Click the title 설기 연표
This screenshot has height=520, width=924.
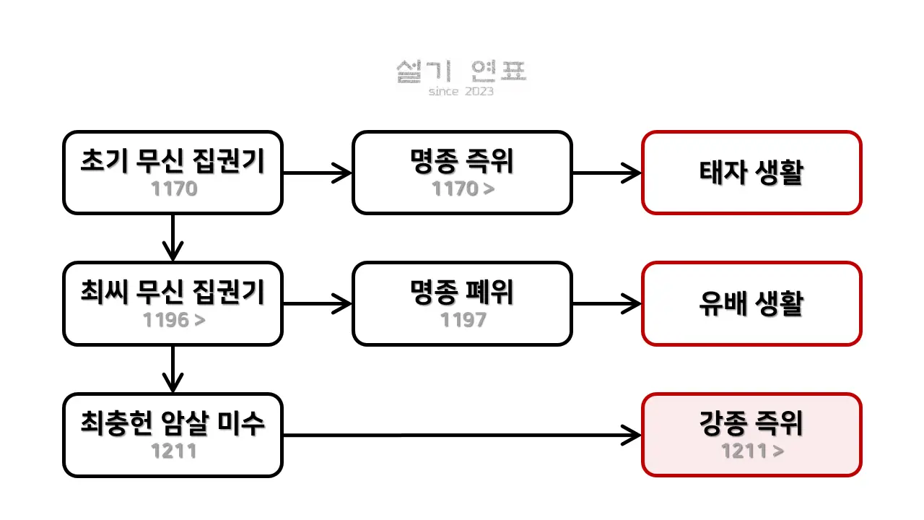tap(461, 71)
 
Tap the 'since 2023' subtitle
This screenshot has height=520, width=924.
tap(461, 91)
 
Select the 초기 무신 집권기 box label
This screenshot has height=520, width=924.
tap(173, 161)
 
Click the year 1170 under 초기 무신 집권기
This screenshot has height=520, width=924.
tap(174, 188)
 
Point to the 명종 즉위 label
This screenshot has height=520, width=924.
tap(462, 161)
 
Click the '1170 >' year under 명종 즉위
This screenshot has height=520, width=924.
tap(463, 188)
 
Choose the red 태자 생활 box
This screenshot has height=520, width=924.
tap(751, 173)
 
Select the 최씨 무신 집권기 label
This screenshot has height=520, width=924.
tap(173, 292)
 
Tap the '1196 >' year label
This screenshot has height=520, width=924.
tap(174, 320)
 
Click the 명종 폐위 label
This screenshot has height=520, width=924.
tap(462, 292)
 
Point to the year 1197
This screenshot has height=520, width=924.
tap(463, 320)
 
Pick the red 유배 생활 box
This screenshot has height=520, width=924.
tap(751, 303)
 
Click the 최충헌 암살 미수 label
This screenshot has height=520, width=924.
tap(173, 423)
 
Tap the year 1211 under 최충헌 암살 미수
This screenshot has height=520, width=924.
tap(174, 451)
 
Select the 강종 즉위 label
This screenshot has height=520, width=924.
tap(751, 423)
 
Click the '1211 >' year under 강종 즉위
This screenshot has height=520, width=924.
tap(752, 451)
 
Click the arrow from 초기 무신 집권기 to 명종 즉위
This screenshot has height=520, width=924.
tap(318, 173)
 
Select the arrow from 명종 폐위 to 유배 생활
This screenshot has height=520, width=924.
tap(607, 304)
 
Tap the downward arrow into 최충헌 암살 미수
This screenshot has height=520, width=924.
tap(173, 369)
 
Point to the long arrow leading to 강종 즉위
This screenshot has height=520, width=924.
tap(463, 435)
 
